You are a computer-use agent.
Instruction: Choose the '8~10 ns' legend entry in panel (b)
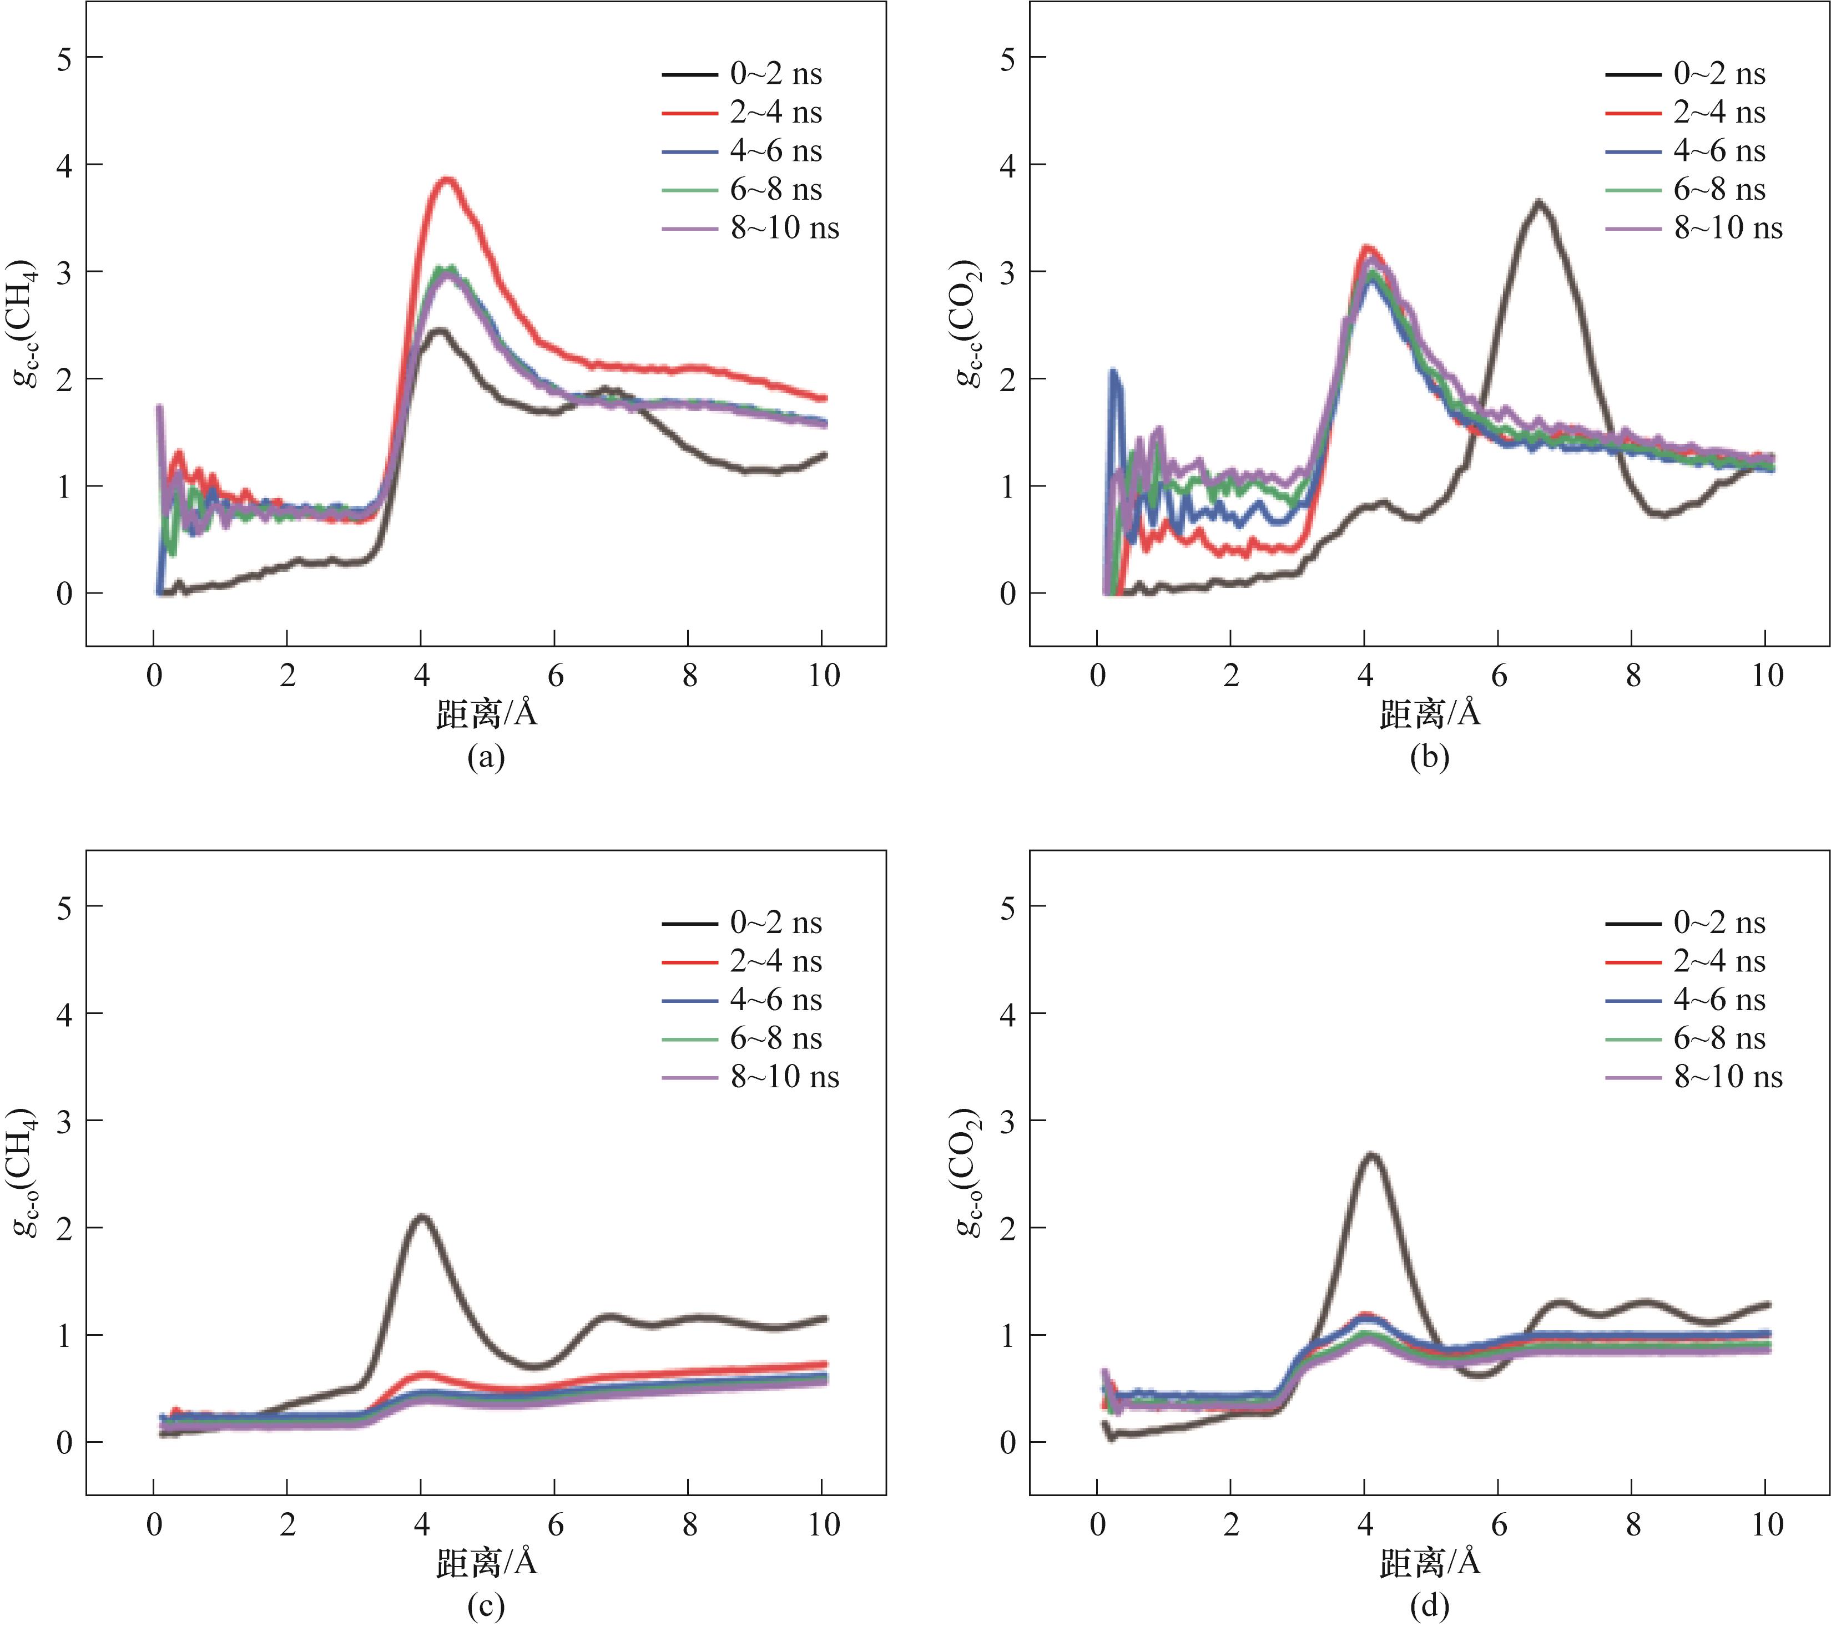(1693, 229)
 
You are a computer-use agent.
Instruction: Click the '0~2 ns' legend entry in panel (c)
(742, 923)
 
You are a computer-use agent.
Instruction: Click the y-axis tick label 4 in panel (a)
(64, 165)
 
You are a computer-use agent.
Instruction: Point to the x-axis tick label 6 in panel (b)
(1499, 675)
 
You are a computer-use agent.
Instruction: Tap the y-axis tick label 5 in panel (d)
(1008, 907)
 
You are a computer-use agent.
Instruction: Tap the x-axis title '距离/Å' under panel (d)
(1430, 1563)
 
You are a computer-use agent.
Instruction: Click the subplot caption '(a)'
(486, 758)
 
